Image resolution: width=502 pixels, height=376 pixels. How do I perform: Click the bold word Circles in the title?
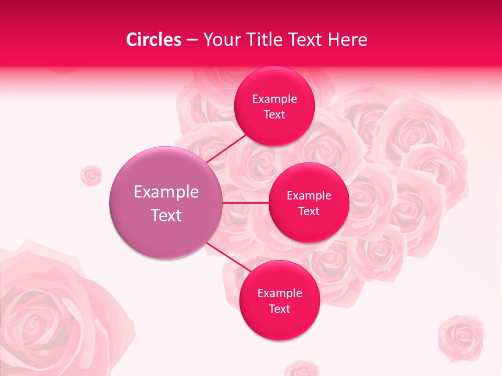[154, 40]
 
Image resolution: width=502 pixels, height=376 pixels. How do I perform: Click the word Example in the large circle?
[166, 192]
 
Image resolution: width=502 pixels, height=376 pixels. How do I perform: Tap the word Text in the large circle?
[166, 215]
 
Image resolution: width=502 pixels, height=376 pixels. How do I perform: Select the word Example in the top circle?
[275, 99]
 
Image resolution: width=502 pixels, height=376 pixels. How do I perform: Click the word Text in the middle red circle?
[309, 211]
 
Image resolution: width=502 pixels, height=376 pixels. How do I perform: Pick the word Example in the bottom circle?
[280, 293]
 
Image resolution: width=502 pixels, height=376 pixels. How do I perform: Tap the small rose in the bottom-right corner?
[461, 337]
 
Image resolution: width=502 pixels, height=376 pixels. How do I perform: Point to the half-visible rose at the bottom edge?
[302, 369]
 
